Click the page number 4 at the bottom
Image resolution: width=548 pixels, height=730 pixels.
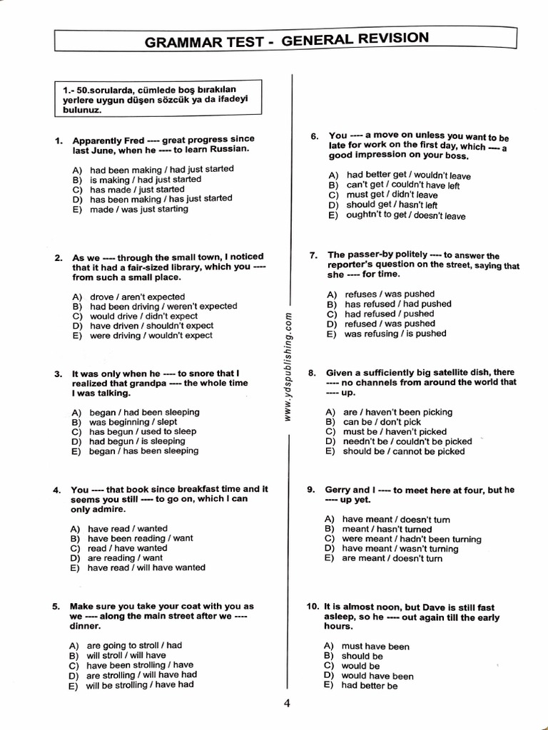pyautogui.click(x=286, y=704)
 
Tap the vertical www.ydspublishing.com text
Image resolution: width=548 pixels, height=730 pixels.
pyautogui.click(x=288, y=367)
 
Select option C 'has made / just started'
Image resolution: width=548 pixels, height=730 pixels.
pyautogui.click(x=136, y=190)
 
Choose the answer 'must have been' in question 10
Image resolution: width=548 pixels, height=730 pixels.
pyautogui.click(x=375, y=647)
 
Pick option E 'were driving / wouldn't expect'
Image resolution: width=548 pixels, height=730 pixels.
pyautogui.click(x=151, y=336)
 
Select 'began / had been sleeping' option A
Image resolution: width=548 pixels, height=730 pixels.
pyautogui.click(x=144, y=412)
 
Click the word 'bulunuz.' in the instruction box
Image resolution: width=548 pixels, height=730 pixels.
pyautogui.click(x=83, y=110)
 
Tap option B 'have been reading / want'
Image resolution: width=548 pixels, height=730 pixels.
pyautogui.click(x=140, y=538)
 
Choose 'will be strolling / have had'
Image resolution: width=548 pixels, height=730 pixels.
pyautogui.click(x=139, y=685)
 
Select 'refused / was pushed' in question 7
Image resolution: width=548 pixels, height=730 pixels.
pyautogui.click(x=389, y=324)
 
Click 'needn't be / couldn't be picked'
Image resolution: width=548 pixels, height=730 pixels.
pyautogui.click(x=407, y=441)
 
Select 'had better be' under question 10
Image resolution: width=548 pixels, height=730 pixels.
pyautogui.click(x=369, y=686)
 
